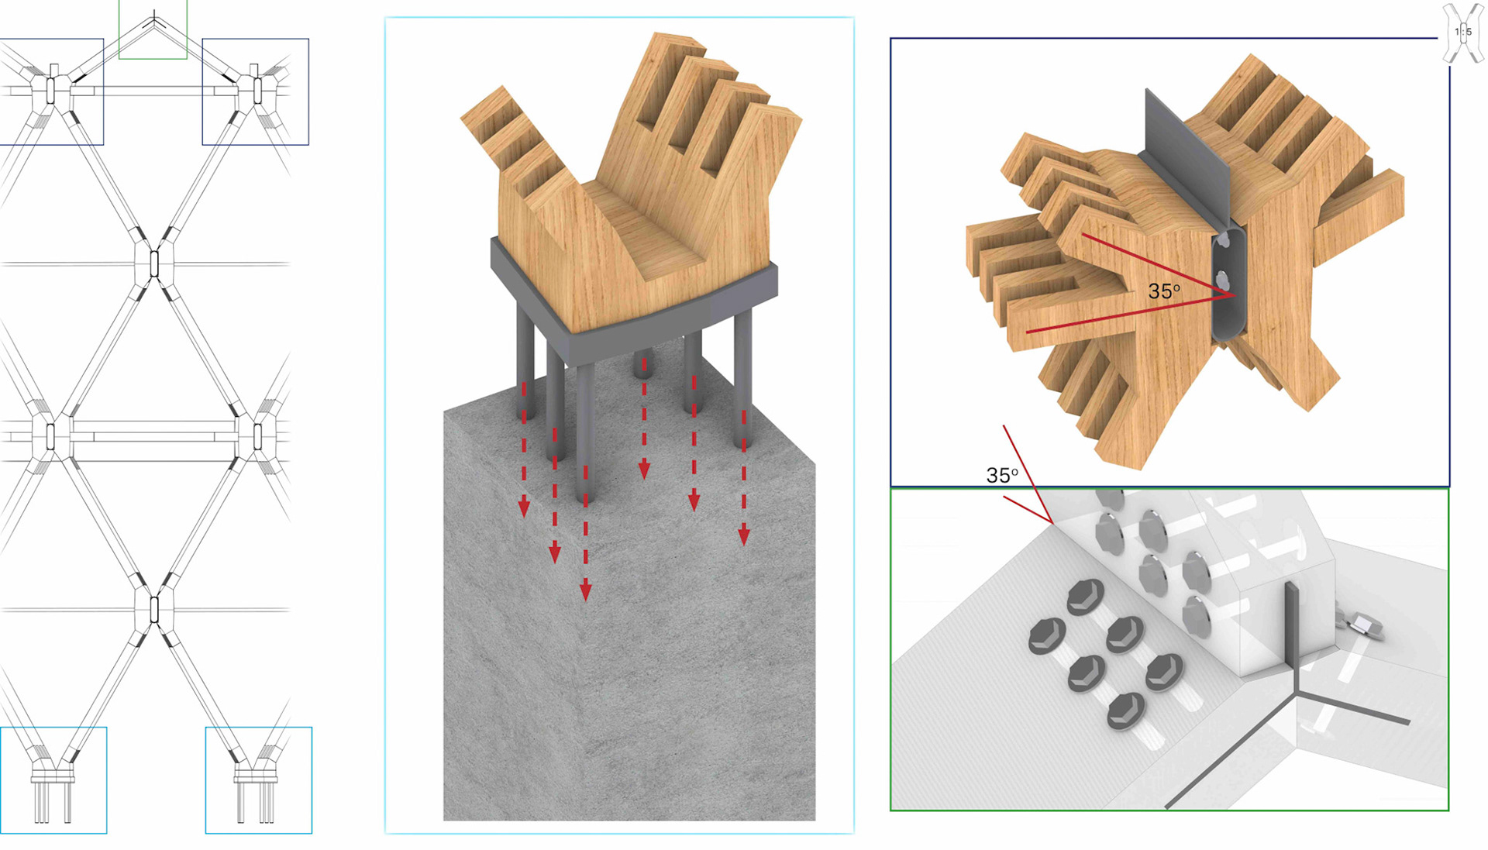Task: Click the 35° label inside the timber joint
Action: click(1164, 291)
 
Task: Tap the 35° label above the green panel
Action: click(1002, 475)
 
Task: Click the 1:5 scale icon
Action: click(1463, 33)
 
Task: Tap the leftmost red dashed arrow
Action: click(524, 449)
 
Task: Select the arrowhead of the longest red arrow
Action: click(585, 591)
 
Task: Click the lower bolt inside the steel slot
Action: click(1224, 279)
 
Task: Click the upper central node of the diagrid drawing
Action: click(153, 264)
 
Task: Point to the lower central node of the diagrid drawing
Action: click(153, 610)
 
